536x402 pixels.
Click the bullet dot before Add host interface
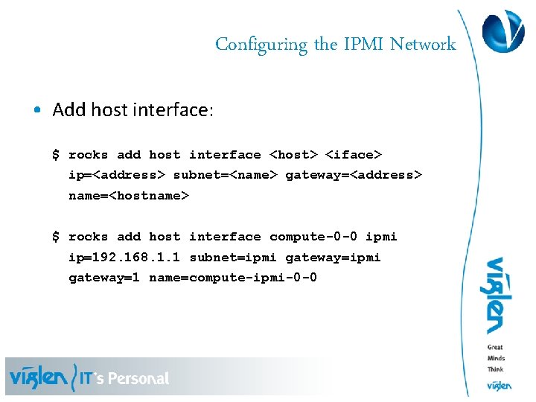36,111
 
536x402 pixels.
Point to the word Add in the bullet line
69,110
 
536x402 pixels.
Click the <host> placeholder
293,155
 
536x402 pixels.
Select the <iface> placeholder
354,155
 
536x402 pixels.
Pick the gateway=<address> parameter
354,175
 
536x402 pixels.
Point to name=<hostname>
129,195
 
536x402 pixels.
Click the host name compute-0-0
313,237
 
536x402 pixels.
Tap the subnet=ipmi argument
233,258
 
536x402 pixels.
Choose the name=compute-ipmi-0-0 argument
233,278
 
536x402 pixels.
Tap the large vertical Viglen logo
494,296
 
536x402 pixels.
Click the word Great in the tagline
495,348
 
